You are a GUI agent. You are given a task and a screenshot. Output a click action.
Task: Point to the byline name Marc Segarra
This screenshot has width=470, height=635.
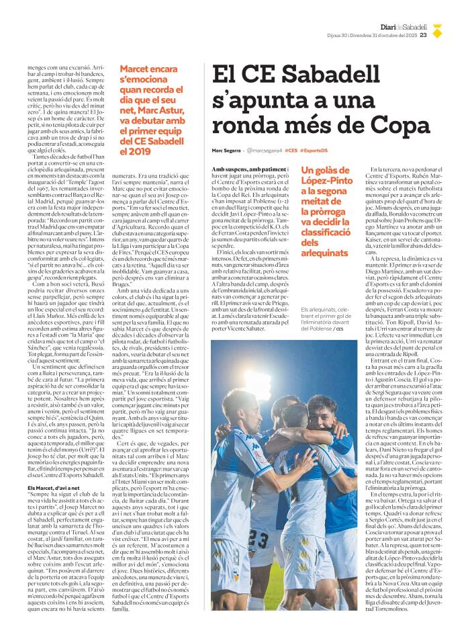coord(225,149)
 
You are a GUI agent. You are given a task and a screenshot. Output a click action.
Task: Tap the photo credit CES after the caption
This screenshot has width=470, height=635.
coord(340,329)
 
